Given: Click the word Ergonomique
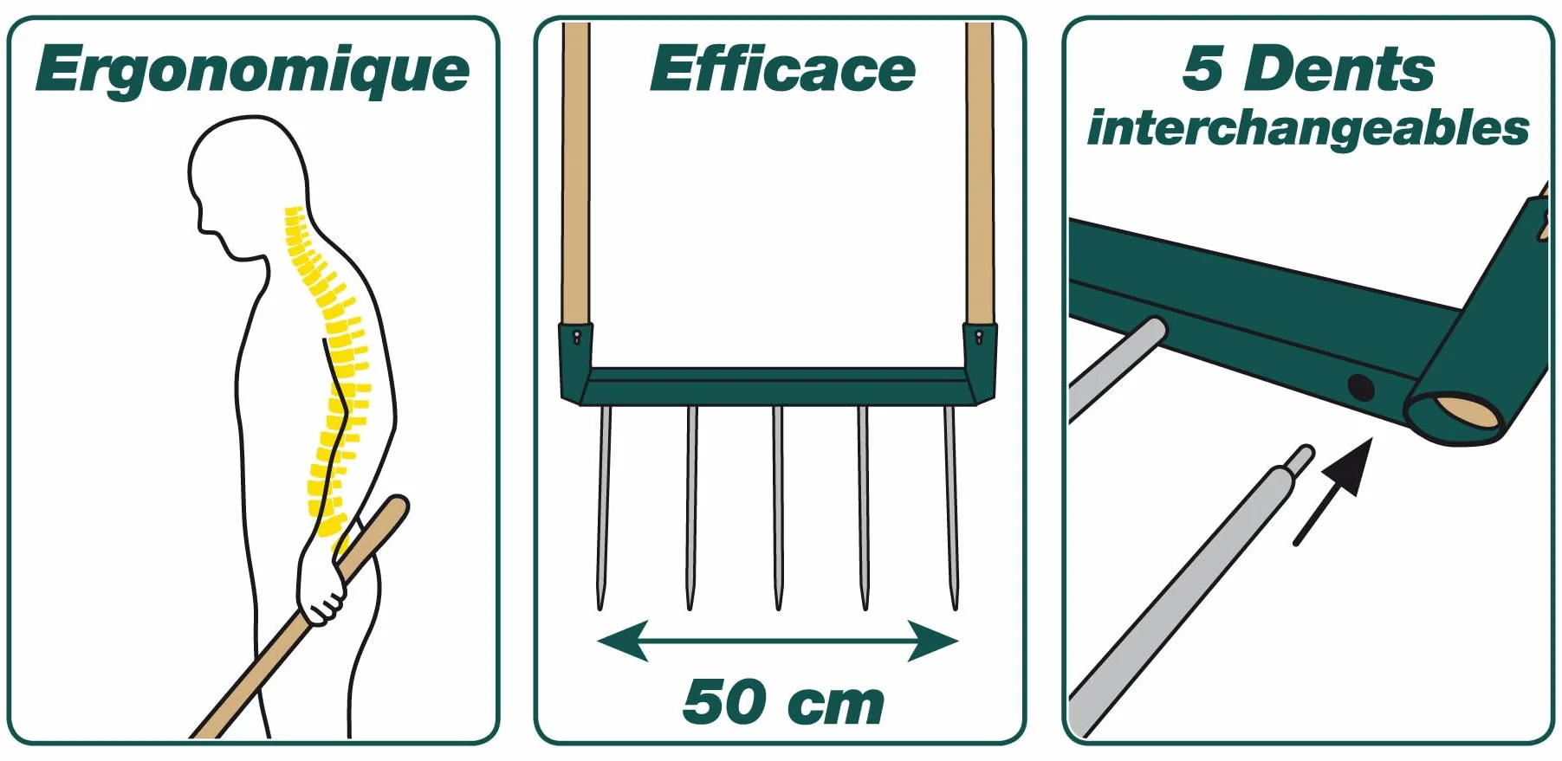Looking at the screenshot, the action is (252, 71).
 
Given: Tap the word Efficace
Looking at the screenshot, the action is (782, 68).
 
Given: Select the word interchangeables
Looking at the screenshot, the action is (1308, 129).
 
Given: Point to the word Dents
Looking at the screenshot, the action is (1339, 68).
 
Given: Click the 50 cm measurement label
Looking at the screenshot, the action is (783, 702).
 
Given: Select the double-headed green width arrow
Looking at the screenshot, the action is (778, 642).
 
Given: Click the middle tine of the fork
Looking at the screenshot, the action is (778, 507).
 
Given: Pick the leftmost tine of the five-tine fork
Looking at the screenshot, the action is (603, 507).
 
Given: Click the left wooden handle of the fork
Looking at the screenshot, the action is (576, 173).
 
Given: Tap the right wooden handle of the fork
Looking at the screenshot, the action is (980, 173).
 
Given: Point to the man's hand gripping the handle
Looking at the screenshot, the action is (321, 584).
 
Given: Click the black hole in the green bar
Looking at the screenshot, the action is (1361, 387).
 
